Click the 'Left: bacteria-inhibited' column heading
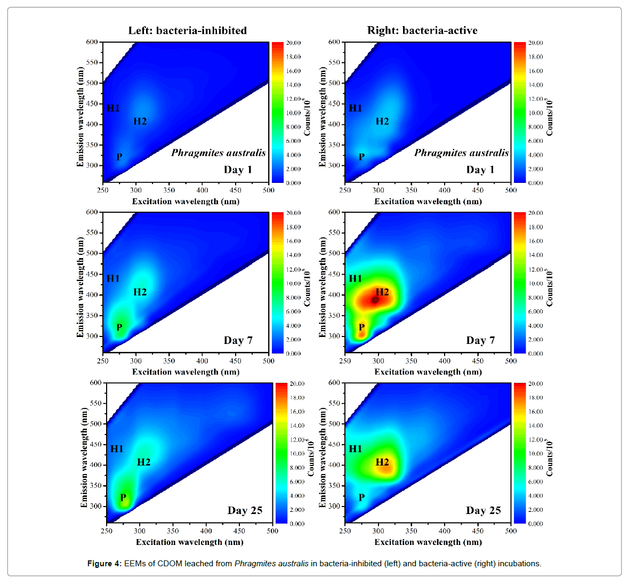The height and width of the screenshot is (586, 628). tap(187, 30)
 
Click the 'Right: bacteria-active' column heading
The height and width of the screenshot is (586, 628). tap(422, 30)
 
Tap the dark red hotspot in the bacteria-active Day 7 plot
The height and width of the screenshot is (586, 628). tap(375, 300)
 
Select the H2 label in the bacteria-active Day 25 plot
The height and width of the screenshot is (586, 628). tap(382, 462)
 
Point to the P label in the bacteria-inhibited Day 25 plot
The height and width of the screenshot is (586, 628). tap(123, 497)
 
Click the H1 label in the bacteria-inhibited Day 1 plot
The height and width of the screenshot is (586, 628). tap(113, 108)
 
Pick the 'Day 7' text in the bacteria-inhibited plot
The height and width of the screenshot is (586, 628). tap(238, 340)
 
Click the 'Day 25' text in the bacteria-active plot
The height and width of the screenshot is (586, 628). tap(483, 510)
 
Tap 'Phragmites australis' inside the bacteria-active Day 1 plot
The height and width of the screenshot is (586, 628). tap(461, 153)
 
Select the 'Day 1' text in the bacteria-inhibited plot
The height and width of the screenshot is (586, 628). tap(238, 170)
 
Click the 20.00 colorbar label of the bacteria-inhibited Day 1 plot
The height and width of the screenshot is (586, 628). tap(294, 43)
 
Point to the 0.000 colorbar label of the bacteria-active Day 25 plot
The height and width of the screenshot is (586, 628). tap(536, 524)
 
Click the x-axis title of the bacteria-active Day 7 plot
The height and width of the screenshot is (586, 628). tap(428, 372)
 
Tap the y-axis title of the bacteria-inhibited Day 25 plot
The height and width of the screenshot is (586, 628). tap(84, 457)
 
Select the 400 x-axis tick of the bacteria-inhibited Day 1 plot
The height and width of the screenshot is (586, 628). tap(202, 190)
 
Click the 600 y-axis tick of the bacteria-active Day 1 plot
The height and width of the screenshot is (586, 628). tap(334, 42)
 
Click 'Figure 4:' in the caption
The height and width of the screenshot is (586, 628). tap(104, 564)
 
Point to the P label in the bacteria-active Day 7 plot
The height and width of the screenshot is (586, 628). tap(361, 327)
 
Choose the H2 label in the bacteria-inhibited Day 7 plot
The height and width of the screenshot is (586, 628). tap(140, 292)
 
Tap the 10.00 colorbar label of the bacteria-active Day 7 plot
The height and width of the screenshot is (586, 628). tap(536, 283)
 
